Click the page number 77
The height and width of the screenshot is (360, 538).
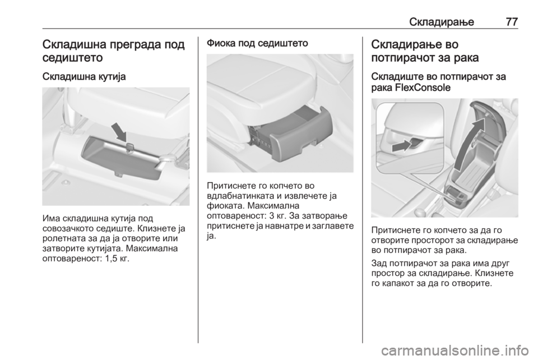511,22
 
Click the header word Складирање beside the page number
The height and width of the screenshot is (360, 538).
441,22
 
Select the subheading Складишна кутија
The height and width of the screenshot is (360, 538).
84,77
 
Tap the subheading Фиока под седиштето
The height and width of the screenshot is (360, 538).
257,43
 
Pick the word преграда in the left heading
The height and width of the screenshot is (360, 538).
133,45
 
